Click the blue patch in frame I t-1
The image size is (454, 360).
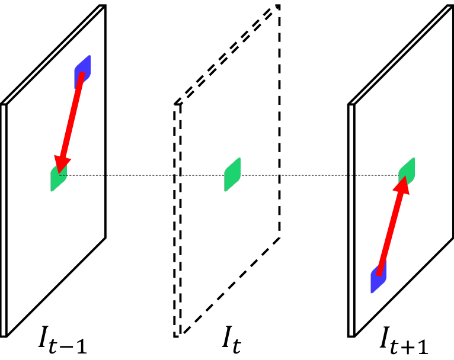(82, 72)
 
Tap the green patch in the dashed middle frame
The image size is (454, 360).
(232, 174)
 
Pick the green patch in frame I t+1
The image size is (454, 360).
(407, 172)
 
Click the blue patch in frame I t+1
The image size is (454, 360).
(378, 277)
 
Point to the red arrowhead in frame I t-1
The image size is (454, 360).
(62, 165)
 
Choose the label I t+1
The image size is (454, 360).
(404, 340)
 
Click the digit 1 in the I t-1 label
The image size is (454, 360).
(81, 345)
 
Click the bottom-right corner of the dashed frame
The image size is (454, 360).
(279, 237)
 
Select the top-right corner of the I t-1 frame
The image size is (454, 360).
(105, 5)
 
